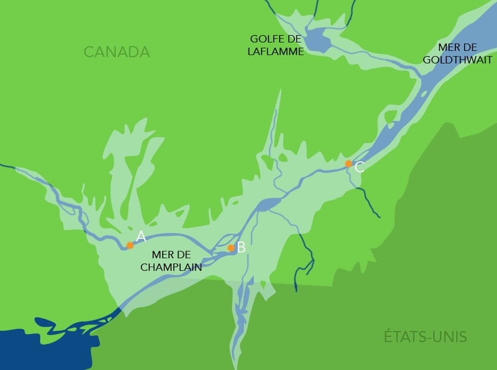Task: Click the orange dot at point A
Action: (x=130, y=245)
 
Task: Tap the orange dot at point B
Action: (x=231, y=247)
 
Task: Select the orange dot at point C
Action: (x=349, y=164)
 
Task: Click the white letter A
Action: (x=141, y=236)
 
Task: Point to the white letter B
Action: (x=242, y=247)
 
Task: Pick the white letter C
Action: (x=359, y=167)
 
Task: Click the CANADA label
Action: (x=117, y=52)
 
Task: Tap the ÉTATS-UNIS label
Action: (x=425, y=338)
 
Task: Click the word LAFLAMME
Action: (x=275, y=52)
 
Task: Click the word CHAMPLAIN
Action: (x=170, y=267)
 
